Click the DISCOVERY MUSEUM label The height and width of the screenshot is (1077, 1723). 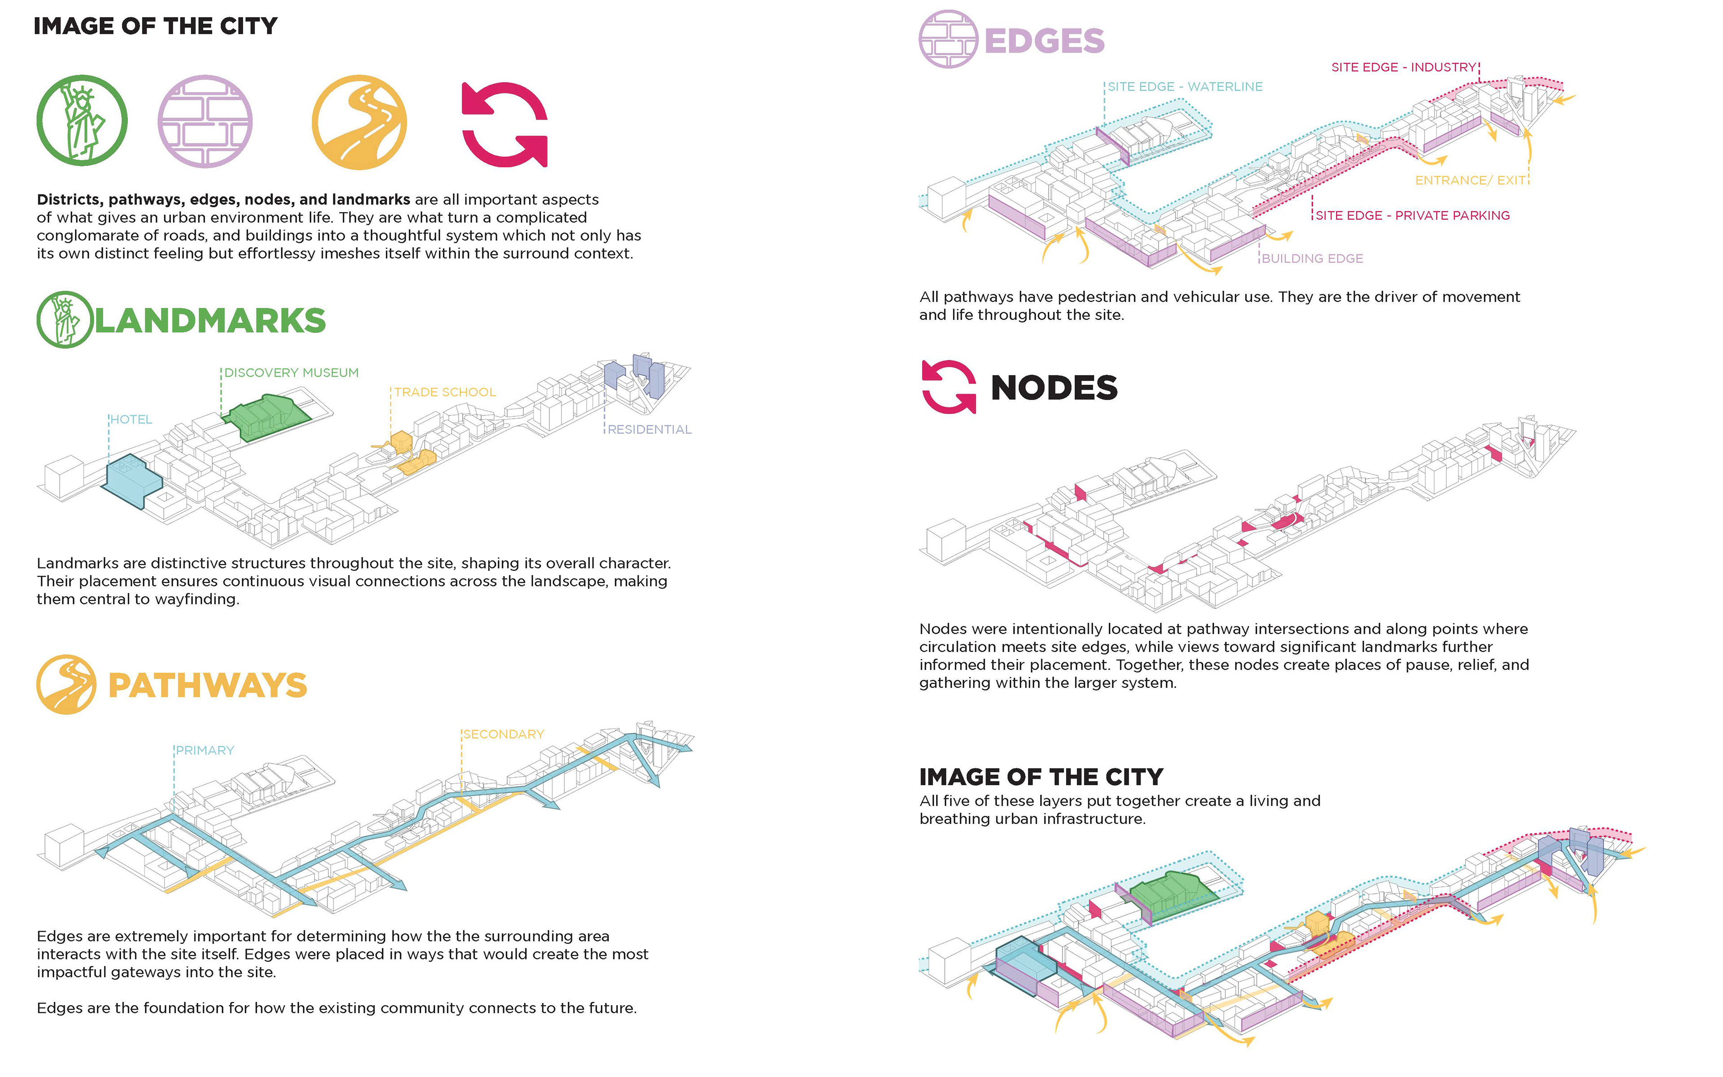point(291,372)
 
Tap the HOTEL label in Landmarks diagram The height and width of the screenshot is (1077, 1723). point(131,420)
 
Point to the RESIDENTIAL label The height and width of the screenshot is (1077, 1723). point(649,429)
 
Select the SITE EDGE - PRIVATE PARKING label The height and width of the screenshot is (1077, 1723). point(1412,215)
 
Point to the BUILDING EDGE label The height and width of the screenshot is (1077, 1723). point(1312,258)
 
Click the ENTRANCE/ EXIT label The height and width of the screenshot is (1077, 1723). point(1470,180)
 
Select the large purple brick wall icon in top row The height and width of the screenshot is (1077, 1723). point(205,121)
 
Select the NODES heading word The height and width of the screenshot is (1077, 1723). point(1054,388)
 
